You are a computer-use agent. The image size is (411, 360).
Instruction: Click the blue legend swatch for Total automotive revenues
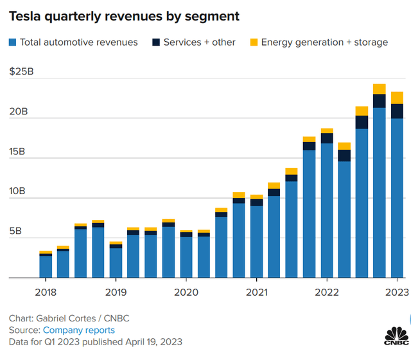click(12, 42)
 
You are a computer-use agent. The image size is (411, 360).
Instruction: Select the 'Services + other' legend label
click(199, 42)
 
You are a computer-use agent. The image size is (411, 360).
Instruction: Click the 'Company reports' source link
click(79, 330)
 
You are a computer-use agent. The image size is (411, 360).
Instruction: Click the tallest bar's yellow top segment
click(379, 89)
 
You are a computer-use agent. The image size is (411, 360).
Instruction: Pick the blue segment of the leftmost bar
click(46, 267)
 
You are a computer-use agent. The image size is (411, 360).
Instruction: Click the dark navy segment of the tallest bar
click(379, 101)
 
